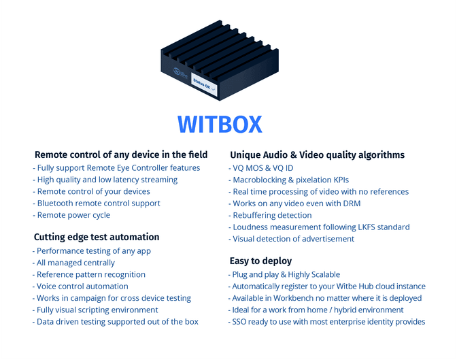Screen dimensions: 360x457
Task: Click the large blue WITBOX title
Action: (x=220, y=125)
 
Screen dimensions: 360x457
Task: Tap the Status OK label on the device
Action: (x=203, y=85)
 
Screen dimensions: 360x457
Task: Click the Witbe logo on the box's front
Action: (x=180, y=73)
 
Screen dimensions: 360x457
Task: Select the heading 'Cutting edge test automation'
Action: (x=97, y=237)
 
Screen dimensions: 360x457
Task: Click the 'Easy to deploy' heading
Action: (x=261, y=261)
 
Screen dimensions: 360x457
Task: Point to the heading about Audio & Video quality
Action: (x=317, y=154)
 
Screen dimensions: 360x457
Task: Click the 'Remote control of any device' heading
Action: (x=120, y=154)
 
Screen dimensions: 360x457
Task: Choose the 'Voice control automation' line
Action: (x=81, y=287)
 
